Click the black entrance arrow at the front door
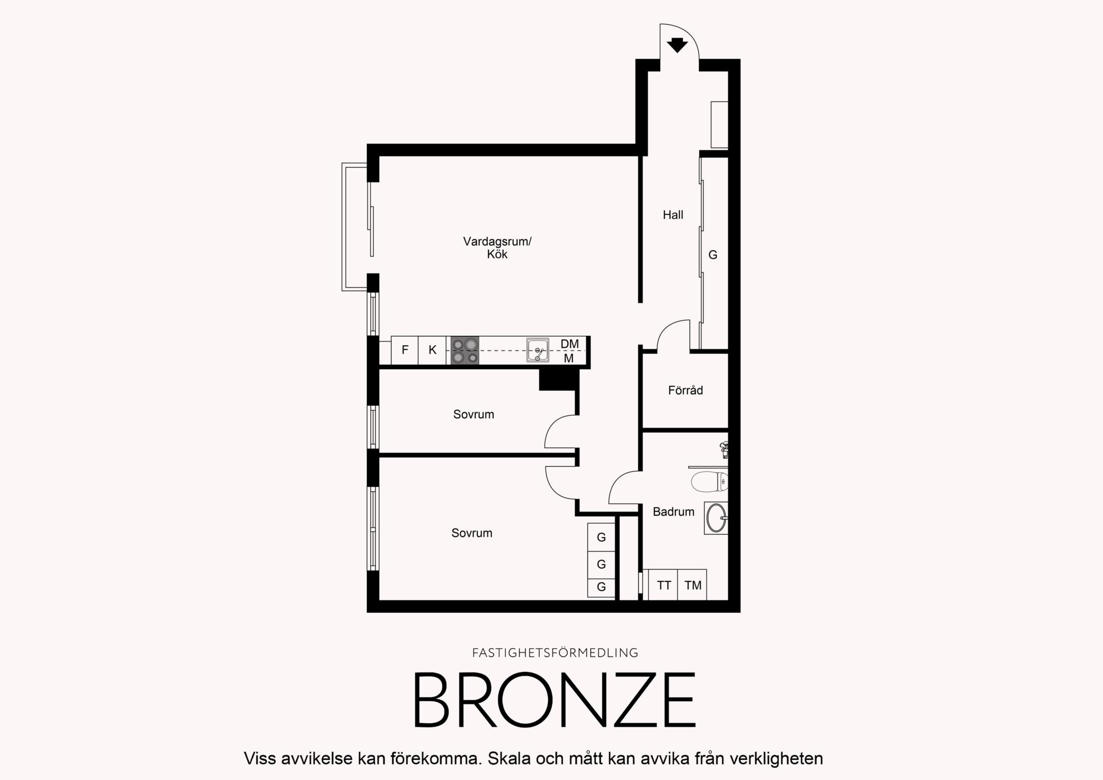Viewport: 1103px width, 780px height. coord(677,45)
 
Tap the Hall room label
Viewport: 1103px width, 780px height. coord(672,214)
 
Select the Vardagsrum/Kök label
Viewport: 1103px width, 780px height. coord(497,248)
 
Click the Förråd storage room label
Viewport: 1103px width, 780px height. coord(685,390)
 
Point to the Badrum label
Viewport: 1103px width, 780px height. coord(673,512)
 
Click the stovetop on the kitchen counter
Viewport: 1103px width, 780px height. coord(465,350)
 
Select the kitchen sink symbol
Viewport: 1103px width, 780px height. coord(537,350)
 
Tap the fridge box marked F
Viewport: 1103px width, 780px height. coord(405,350)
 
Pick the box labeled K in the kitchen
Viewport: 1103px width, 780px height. coord(432,350)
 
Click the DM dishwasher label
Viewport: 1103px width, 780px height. coord(570,344)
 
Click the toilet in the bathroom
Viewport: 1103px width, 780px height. coord(709,482)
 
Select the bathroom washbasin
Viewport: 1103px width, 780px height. coord(716,518)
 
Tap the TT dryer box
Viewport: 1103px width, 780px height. coord(663,585)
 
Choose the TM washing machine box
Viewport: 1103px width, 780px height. coord(693,585)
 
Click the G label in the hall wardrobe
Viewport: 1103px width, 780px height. coord(712,255)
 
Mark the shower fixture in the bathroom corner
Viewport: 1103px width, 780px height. coord(724,450)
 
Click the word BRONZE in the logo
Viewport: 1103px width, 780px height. coord(555,700)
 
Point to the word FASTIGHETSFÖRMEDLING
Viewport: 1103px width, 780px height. coord(555,653)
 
